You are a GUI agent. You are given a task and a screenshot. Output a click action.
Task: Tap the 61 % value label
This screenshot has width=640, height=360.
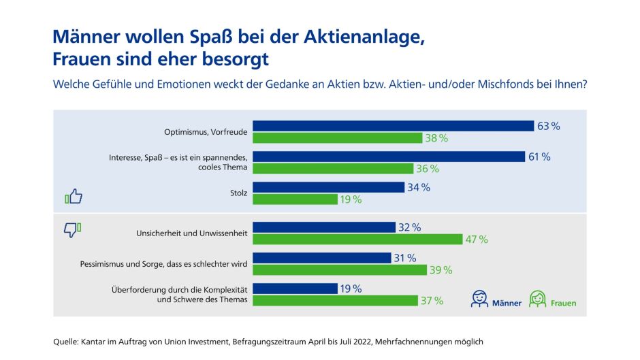pos(539,157)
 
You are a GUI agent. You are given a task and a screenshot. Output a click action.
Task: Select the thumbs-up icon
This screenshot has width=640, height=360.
pos(74,197)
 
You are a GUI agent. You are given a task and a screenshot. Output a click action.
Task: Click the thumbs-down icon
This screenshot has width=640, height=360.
pos(72,229)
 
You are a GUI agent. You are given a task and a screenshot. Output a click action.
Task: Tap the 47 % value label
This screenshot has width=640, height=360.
pos(477,239)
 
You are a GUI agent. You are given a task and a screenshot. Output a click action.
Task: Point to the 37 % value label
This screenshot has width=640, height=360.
pos(432,301)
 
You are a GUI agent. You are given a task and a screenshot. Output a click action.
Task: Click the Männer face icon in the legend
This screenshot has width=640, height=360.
pos(480,299)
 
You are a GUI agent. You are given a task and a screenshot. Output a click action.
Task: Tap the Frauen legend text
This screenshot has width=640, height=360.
pos(562,303)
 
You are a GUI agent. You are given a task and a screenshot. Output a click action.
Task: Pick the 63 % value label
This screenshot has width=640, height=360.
pos(548,126)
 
